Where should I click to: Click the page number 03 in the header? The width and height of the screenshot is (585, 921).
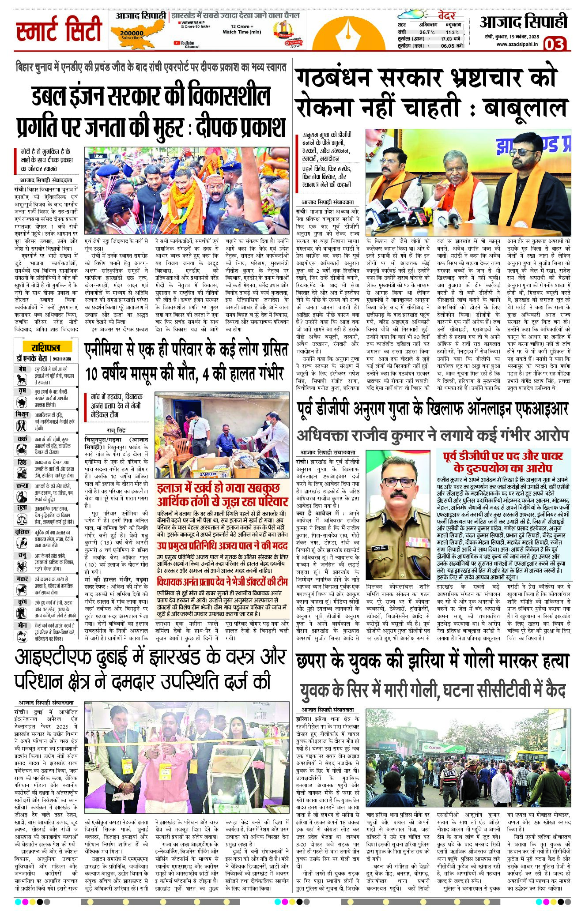click(554, 44)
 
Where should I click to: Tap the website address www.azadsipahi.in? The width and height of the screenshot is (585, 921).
click(517, 44)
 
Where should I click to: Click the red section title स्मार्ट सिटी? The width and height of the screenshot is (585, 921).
click(59, 30)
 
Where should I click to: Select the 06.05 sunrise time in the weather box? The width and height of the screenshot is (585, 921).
click(447, 46)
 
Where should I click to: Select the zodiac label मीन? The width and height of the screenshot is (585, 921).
click(23, 625)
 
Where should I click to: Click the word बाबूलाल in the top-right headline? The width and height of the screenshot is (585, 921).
click(525, 108)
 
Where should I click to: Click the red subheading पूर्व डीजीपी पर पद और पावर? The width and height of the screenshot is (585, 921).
click(503, 455)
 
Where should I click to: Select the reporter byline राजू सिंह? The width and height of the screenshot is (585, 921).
click(116, 430)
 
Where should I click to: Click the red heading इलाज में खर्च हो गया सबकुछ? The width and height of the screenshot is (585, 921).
click(218, 488)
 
